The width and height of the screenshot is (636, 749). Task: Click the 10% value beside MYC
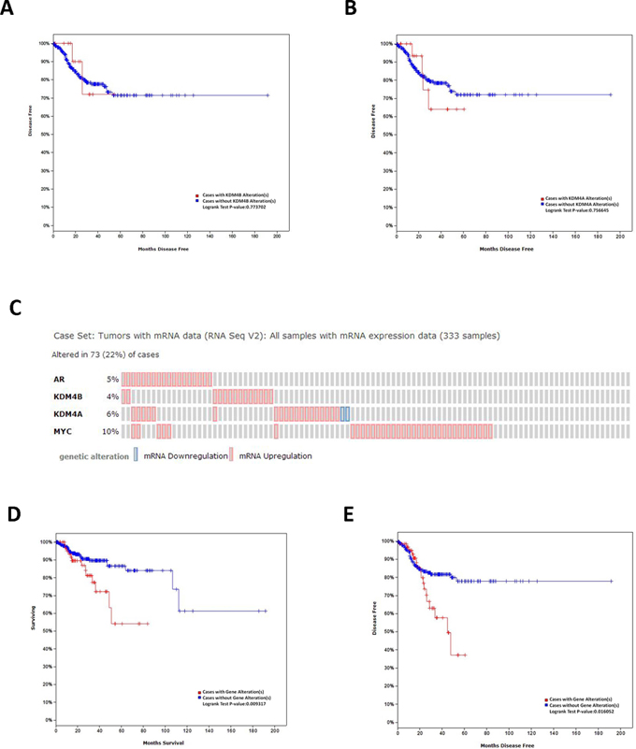(x=110, y=431)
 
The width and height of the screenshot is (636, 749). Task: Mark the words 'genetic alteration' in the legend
(x=92, y=455)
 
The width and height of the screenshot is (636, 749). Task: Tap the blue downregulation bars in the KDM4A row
(x=345, y=413)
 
